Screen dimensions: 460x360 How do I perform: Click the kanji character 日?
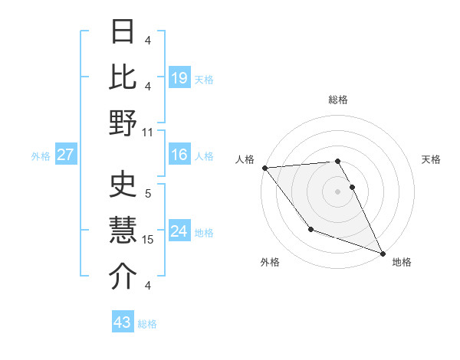click(x=123, y=31)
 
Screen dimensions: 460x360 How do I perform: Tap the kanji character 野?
click(x=123, y=123)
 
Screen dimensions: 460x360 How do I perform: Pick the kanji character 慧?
click(x=123, y=229)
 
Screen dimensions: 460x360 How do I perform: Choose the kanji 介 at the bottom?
click(x=123, y=276)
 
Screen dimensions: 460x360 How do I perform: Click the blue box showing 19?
click(x=179, y=77)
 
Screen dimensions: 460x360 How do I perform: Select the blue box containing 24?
click(x=179, y=231)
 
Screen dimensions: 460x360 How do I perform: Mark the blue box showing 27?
click(x=66, y=155)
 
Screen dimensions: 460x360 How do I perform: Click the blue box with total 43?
click(x=123, y=322)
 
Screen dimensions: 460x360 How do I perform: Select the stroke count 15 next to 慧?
click(x=149, y=240)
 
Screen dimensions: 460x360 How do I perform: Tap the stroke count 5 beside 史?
click(x=148, y=193)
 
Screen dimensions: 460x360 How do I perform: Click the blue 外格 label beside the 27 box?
click(x=41, y=156)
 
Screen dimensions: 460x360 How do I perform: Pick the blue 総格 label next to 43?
click(x=147, y=324)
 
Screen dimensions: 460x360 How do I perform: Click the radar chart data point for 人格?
click(x=264, y=168)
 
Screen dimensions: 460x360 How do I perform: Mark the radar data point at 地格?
click(x=383, y=253)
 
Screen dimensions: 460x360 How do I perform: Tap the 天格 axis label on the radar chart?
click(x=431, y=159)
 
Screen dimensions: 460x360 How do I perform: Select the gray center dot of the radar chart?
click(x=337, y=191)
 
